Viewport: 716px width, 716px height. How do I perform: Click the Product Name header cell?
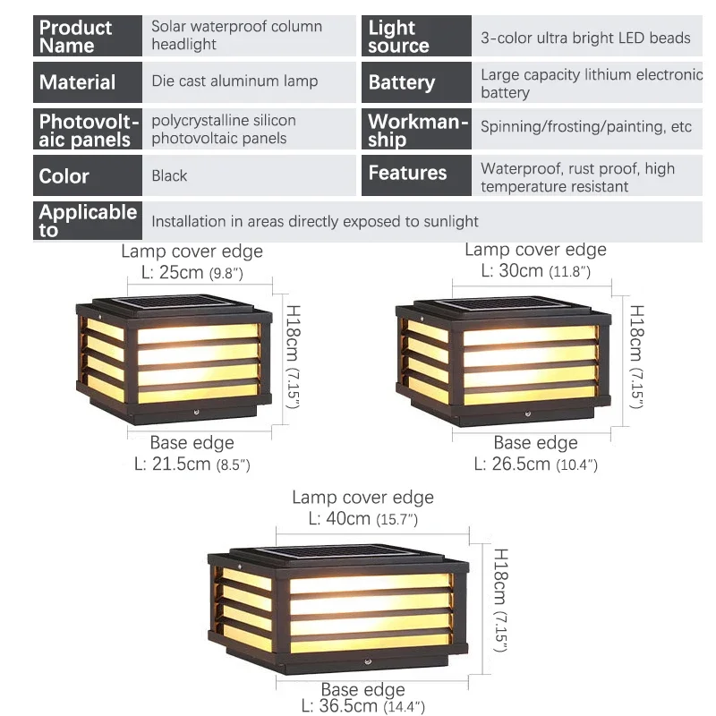pyautogui.click(x=88, y=36)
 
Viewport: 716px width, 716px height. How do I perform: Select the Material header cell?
pyautogui.click(x=88, y=82)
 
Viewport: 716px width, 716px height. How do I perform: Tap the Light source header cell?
pyautogui.click(x=417, y=36)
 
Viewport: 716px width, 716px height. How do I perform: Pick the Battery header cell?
pyautogui.click(x=417, y=83)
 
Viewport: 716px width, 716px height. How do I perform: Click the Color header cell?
pyautogui.click(x=88, y=175)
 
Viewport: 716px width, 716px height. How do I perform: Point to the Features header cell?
pyautogui.click(x=417, y=173)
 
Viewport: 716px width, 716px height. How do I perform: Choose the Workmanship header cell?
pyautogui.click(x=417, y=130)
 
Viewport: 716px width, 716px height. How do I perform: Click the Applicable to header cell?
pyautogui.click(x=88, y=221)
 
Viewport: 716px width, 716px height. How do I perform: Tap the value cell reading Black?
pyautogui.click(x=169, y=175)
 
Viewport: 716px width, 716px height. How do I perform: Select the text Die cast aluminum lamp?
pyautogui.click(x=234, y=81)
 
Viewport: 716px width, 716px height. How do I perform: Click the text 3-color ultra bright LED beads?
pyautogui.click(x=585, y=38)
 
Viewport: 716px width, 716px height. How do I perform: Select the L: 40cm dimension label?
pyautogui.click(x=362, y=518)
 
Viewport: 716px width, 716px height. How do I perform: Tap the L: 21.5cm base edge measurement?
pyautogui.click(x=192, y=464)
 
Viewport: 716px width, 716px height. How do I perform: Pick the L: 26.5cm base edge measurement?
pyautogui.click(x=535, y=464)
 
